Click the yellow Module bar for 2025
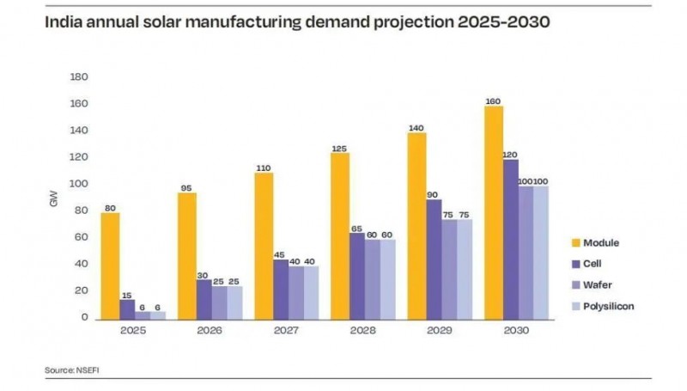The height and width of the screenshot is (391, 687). point(111,266)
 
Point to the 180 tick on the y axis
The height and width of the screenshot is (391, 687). point(79,77)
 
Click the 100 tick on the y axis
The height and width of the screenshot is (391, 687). point(79,185)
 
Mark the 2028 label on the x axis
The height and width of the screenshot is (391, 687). point(362,331)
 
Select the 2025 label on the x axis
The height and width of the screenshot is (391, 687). point(131,331)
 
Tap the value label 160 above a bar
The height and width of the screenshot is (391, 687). point(493,100)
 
